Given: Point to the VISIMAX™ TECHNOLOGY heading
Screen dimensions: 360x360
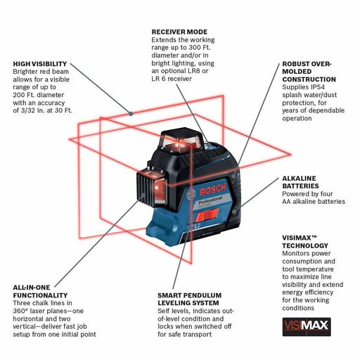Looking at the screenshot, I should pyautogui.click(x=307, y=243).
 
